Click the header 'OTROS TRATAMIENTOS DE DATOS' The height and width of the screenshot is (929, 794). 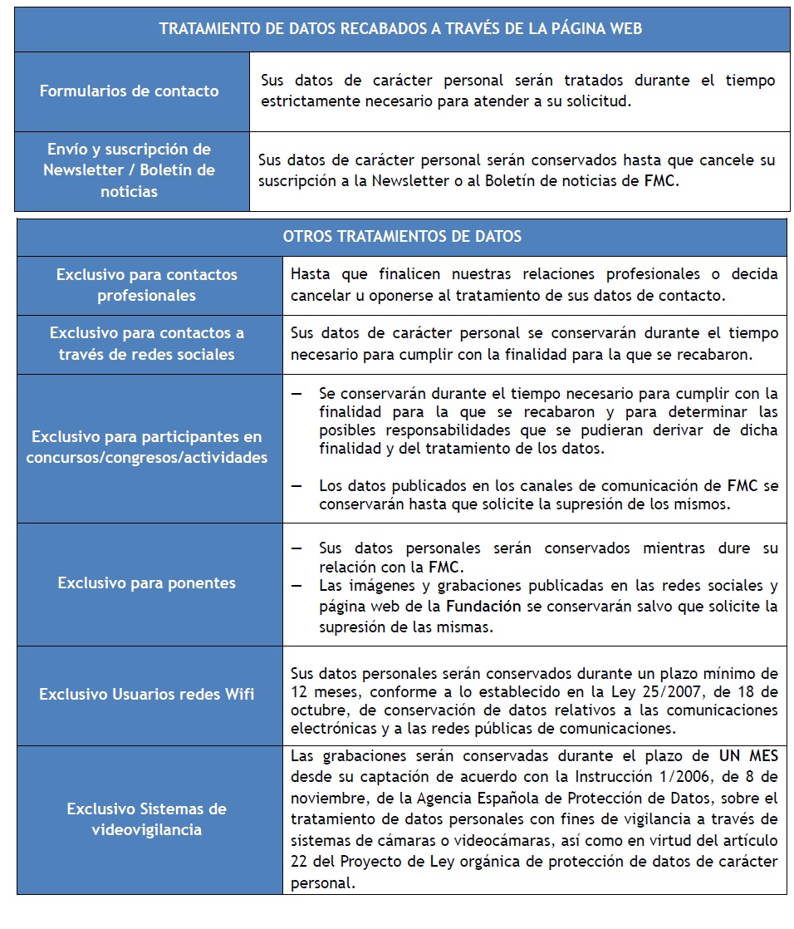pos(402,237)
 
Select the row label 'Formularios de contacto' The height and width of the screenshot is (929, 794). pos(130,91)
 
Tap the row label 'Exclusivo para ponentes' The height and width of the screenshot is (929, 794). pos(147,583)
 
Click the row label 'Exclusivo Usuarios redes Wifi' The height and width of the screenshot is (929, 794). pos(147,694)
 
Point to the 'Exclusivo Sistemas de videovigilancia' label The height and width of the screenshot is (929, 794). pos(147,818)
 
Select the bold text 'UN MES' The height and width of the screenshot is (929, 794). pos(750,756)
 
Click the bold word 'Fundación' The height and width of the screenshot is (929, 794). pos(483,607)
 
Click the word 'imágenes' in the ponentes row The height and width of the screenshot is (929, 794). pos(375,586)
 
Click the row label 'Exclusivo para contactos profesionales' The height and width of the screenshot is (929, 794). pos(147,285)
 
